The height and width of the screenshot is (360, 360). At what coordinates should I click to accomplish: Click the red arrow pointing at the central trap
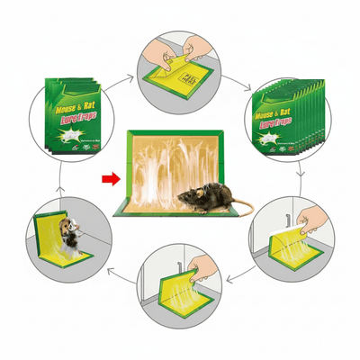tap(110, 178)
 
